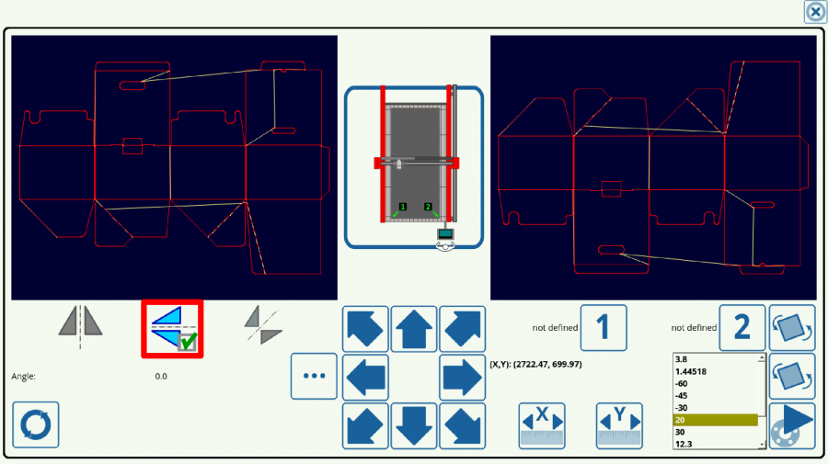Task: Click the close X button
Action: click(x=815, y=12)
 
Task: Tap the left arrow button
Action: click(x=365, y=377)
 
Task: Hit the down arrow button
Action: click(x=413, y=426)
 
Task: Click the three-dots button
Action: click(x=315, y=376)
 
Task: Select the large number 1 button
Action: click(x=604, y=327)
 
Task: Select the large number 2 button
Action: click(x=742, y=327)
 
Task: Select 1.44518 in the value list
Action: click(x=691, y=372)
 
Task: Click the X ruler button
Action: click(x=542, y=426)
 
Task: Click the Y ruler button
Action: click(x=619, y=426)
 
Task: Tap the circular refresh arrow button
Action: click(x=35, y=425)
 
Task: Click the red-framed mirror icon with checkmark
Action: click(x=172, y=329)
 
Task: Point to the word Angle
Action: click(x=23, y=377)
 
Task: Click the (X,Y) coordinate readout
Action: click(x=535, y=365)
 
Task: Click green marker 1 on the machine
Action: click(x=403, y=207)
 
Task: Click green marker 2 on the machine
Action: click(x=428, y=207)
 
